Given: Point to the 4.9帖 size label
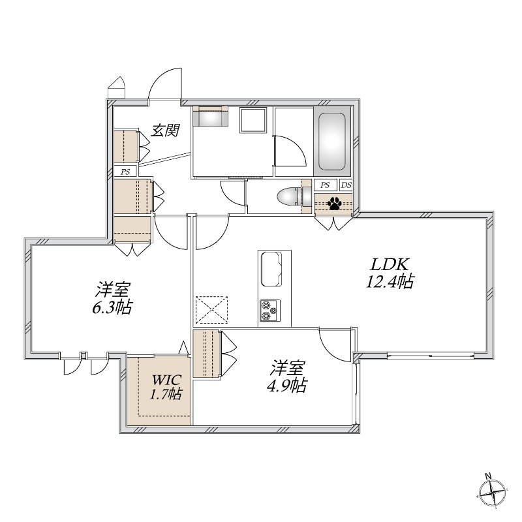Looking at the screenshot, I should [x=286, y=385].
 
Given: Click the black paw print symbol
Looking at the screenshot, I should [x=334, y=204].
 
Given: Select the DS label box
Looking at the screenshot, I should [x=346, y=185].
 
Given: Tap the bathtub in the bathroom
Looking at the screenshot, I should [x=333, y=141].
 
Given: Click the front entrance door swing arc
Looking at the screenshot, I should [x=163, y=82].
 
